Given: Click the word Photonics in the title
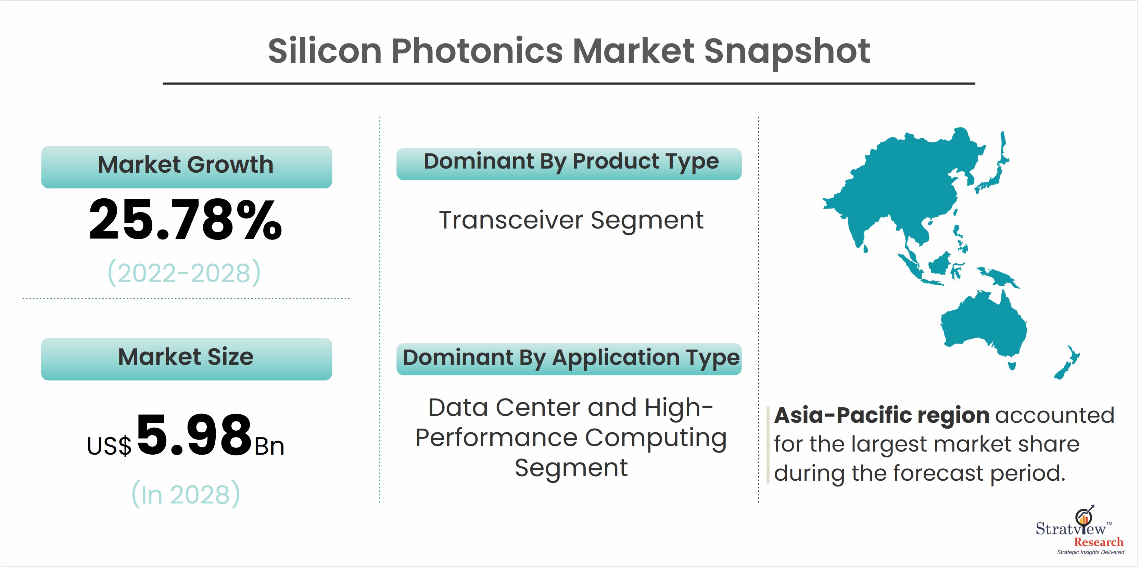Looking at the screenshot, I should coord(477,51).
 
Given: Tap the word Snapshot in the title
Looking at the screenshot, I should coord(786,51).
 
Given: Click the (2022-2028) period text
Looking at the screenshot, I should coord(185,272).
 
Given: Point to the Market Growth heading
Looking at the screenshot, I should coord(186,165).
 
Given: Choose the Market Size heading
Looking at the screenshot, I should coord(186,357).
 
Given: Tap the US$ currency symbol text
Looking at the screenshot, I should coord(109,446).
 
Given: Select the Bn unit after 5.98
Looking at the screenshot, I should coord(269,446).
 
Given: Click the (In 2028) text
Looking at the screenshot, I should coord(186,494).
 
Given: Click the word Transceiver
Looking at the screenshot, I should coord(511,220).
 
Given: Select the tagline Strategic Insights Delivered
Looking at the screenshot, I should coord(1090,552).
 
